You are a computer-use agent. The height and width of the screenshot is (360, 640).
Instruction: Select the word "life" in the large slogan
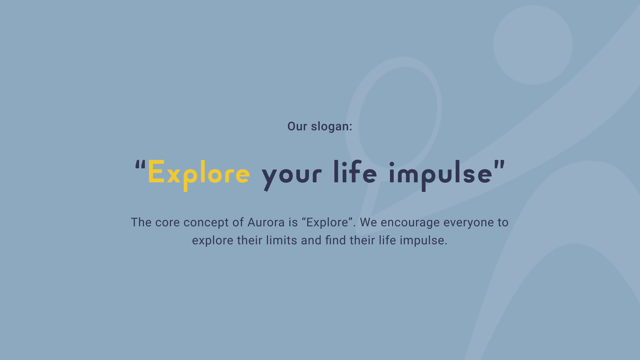(x=355, y=172)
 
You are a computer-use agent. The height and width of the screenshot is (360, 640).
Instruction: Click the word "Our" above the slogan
(x=297, y=126)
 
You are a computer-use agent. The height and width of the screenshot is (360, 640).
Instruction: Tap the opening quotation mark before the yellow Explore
(x=140, y=166)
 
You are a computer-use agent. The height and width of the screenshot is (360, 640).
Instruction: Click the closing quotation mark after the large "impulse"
(x=500, y=166)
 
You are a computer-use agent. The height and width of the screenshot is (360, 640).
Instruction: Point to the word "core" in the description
(x=167, y=223)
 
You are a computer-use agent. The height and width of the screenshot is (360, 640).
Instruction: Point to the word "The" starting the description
(x=141, y=222)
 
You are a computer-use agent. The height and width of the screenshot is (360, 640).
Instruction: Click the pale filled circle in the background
(x=533, y=45)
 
